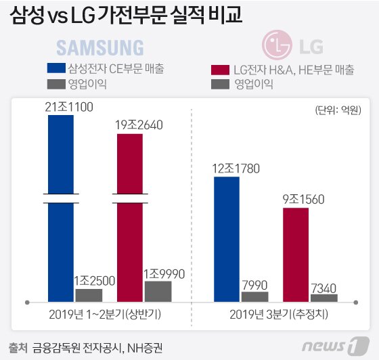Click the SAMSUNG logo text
(99, 47)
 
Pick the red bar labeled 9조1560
(296, 254)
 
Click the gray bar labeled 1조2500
(89, 294)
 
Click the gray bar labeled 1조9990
(158, 290)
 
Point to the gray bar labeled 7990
(254, 296)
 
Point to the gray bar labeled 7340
(324, 297)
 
